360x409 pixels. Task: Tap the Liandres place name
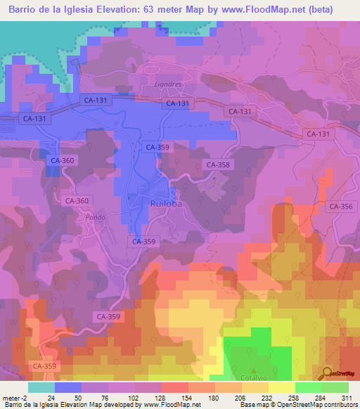168,84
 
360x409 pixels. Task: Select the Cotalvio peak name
255,379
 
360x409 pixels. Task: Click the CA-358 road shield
217,164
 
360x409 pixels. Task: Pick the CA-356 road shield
341,206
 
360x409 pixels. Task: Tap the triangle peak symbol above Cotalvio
255,370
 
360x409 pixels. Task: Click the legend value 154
174,398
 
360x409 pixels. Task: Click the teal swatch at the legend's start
41,387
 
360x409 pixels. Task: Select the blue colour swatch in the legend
68,387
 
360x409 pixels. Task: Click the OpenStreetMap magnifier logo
327,372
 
